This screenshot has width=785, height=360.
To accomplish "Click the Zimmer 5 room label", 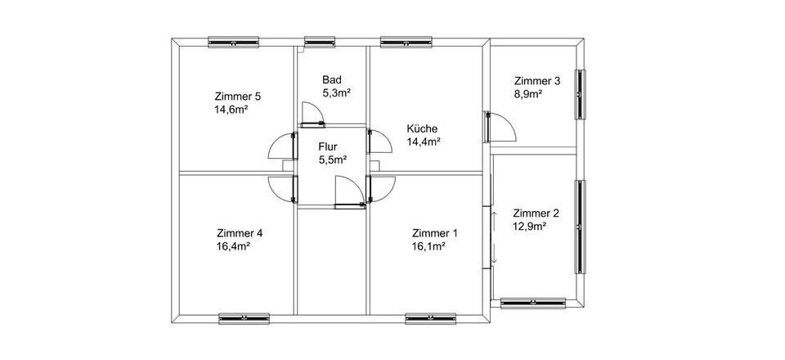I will pos(238,95).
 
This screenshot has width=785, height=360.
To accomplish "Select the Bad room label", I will pos(331,79).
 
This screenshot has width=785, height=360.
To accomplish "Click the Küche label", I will pos(423,128).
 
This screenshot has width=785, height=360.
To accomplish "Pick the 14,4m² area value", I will pos(424,142).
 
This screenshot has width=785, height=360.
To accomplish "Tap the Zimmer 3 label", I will pos(537,81).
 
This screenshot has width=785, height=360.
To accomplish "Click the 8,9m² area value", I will pos(528,94).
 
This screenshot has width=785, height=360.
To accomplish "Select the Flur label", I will pos(329,147).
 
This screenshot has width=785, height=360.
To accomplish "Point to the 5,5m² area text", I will pos(333,160).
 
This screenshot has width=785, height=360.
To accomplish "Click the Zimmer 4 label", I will pos(240,232).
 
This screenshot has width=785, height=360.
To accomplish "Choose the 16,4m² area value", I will pos(233,245).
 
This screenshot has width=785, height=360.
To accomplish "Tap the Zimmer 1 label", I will pos(435,232).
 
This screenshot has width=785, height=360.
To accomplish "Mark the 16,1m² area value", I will pos(428,245).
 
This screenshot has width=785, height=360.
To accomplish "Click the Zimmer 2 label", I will pos(536,212).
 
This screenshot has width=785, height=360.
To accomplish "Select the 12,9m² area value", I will pos(529,225).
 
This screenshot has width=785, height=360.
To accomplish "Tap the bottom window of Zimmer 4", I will pos(244,317).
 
